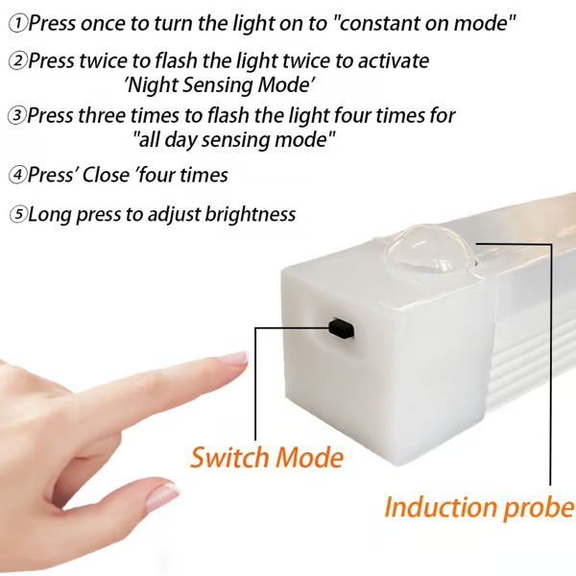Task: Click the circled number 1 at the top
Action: [x=18, y=20]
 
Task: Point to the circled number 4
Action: [x=18, y=176]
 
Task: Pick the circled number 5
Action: [x=18, y=215]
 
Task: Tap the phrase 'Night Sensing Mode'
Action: [x=221, y=84]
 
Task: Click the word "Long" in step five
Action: [x=50, y=215]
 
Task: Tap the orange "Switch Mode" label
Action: [x=266, y=457]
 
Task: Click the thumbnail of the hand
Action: [x=163, y=496]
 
